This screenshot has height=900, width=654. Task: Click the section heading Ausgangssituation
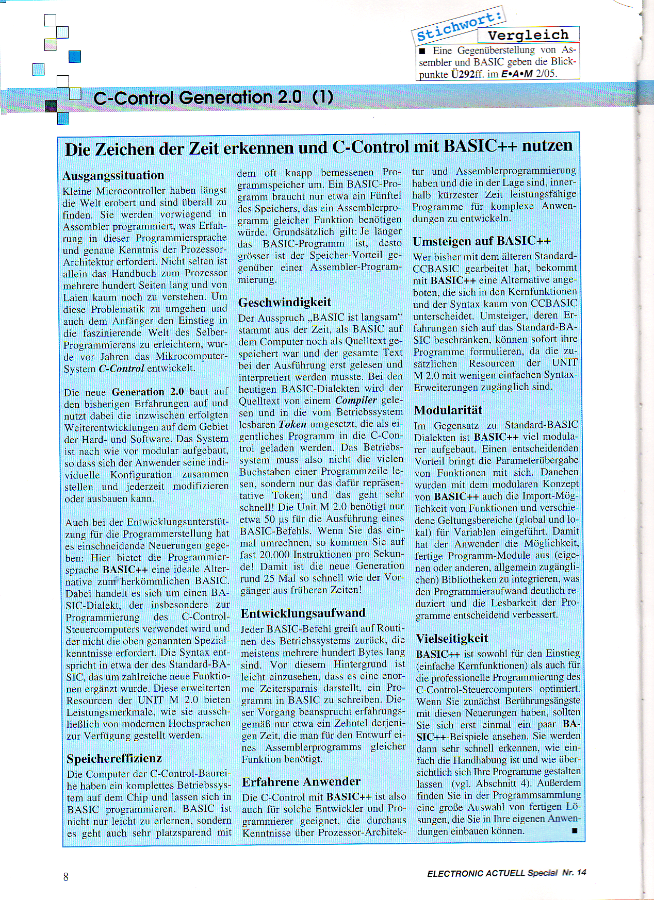113,176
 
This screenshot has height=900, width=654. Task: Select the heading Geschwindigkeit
284,302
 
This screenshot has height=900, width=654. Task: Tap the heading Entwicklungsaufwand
303,613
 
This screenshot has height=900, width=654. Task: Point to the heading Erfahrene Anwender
301,782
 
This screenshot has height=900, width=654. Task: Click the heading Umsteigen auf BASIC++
481,241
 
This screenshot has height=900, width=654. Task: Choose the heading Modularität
448,410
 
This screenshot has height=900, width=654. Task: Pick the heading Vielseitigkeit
451,639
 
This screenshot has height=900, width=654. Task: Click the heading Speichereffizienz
114,759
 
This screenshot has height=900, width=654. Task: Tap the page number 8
66,877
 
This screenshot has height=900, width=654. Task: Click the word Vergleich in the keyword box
528,35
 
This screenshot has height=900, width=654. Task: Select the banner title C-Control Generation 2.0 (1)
213,97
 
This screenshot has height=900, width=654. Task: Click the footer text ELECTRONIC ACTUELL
476,873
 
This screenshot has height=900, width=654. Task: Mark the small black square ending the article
575,830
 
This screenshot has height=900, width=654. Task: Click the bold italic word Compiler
356,401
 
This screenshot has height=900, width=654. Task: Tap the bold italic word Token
292,425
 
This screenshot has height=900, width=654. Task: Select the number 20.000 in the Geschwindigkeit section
274,555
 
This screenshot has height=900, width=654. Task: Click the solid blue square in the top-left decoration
75,56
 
